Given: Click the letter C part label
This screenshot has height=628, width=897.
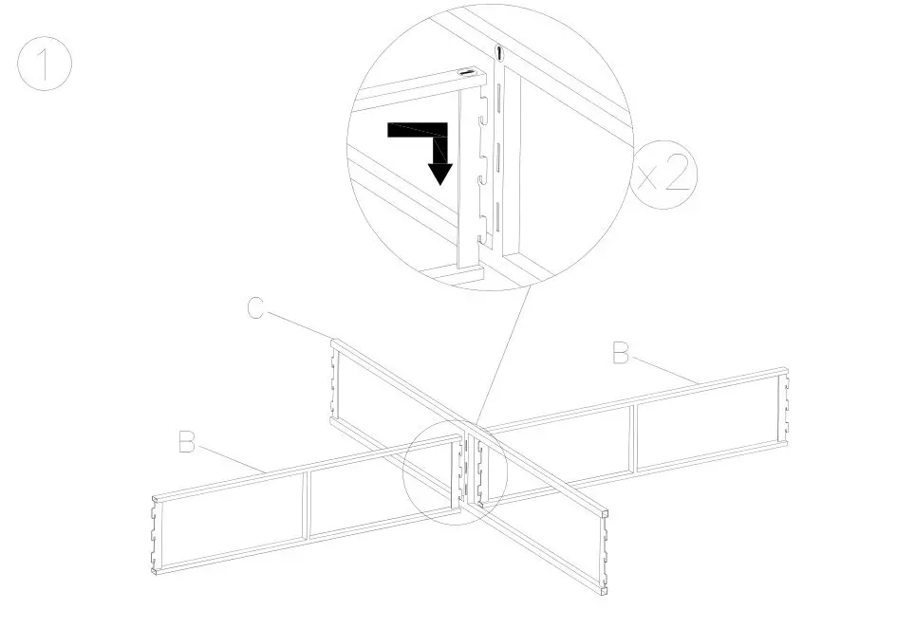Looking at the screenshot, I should pyautogui.click(x=254, y=309).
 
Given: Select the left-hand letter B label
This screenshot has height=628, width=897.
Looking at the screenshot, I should pyautogui.click(x=188, y=442).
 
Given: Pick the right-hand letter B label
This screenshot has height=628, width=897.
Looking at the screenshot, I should pyautogui.click(x=621, y=354).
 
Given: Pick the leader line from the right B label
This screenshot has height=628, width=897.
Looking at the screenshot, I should pyautogui.click(x=665, y=369).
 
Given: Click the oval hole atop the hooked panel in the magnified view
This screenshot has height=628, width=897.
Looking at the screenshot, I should pyautogui.click(x=468, y=72).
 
